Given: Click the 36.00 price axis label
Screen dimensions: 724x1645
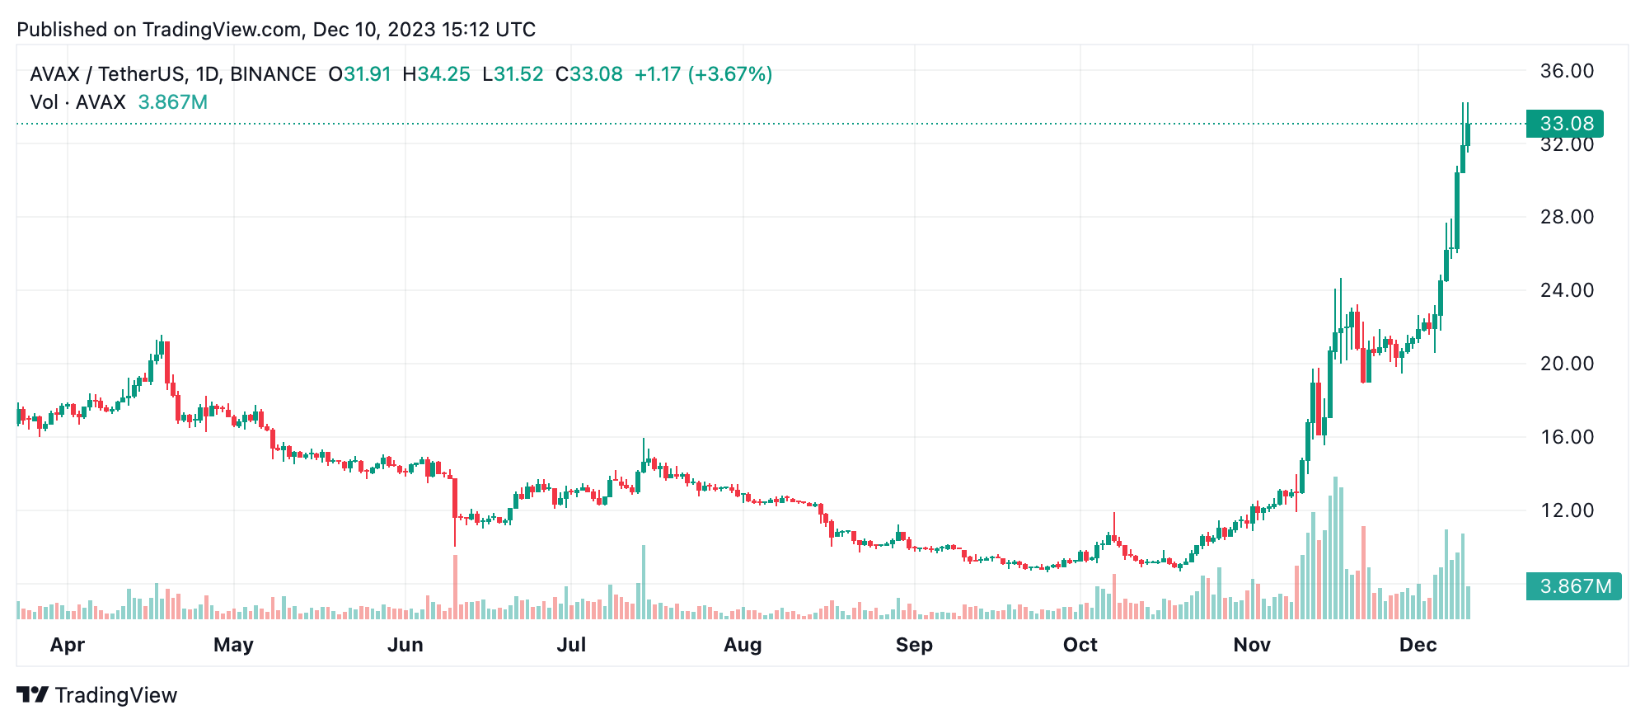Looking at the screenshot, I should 1567,71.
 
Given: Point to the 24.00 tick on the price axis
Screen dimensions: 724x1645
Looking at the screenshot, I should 1567,290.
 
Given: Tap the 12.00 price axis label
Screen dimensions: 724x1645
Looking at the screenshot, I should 1567,510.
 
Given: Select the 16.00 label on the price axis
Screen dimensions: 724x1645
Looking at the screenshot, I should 1567,437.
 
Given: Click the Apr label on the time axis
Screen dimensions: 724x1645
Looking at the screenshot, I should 68,645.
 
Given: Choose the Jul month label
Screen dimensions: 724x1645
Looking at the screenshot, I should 571,645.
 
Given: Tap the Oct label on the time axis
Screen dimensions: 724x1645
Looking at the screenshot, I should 1080,645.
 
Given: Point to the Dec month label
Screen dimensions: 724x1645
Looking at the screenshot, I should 1418,645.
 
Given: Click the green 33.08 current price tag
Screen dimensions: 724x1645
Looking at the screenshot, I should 1566,124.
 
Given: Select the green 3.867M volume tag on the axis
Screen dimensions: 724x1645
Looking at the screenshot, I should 1573,586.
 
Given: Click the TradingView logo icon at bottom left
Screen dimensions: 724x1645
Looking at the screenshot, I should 33,695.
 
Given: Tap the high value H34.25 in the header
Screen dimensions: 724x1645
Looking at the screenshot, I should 436,74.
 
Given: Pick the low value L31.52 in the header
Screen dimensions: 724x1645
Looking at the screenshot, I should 513,74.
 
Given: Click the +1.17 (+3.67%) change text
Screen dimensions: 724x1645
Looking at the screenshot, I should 703,74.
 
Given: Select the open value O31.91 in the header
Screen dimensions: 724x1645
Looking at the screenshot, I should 359,74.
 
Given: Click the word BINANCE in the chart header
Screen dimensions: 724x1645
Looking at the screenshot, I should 273,74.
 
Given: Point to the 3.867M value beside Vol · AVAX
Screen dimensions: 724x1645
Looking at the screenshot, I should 172,102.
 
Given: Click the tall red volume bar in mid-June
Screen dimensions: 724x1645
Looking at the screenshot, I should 455,587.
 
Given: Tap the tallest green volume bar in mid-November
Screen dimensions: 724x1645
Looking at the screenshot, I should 1335,548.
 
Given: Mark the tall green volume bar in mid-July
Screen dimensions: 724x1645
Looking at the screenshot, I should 644,582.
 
